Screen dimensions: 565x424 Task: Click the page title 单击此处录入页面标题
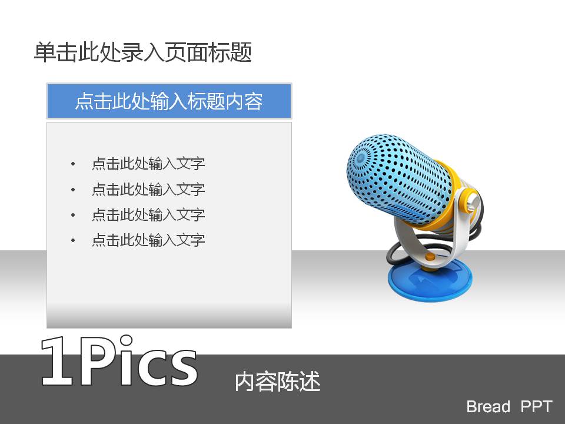(142, 52)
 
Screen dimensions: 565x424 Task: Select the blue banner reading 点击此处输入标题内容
(169, 101)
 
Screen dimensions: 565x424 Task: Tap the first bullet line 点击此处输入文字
(148, 164)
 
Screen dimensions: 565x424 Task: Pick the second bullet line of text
(148, 189)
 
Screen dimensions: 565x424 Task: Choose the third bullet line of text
(148, 215)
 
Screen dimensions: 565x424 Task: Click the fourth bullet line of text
(148, 240)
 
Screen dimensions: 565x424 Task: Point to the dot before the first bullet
(73, 164)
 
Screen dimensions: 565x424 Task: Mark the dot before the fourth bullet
(73, 240)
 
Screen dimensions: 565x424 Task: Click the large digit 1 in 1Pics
(58, 362)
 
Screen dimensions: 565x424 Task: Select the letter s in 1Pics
(182, 369)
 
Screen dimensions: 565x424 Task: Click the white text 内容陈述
(277, 382)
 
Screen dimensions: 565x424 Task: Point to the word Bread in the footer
(488, 407)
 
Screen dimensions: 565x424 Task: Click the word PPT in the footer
(537, 407)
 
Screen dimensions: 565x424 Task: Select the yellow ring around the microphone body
(447, 202)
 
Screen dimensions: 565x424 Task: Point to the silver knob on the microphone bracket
(473, 203)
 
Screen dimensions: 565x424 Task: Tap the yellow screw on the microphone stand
(430, 257)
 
